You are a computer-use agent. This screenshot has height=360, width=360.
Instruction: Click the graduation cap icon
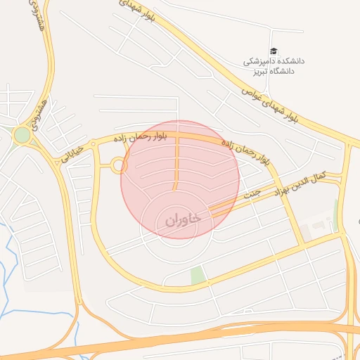pyautogui.click(x=274, y=51)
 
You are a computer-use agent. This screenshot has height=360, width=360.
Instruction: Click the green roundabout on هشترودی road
pyautogui.click(x=22, y=134)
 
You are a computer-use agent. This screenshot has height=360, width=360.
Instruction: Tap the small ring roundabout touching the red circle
pyautogui.click(x=119, y=166)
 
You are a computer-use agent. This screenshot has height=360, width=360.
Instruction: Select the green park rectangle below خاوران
pyautogui.click(x=198, y=276)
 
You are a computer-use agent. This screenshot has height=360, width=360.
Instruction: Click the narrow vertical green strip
pyautogui.click(x=335, y=214)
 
